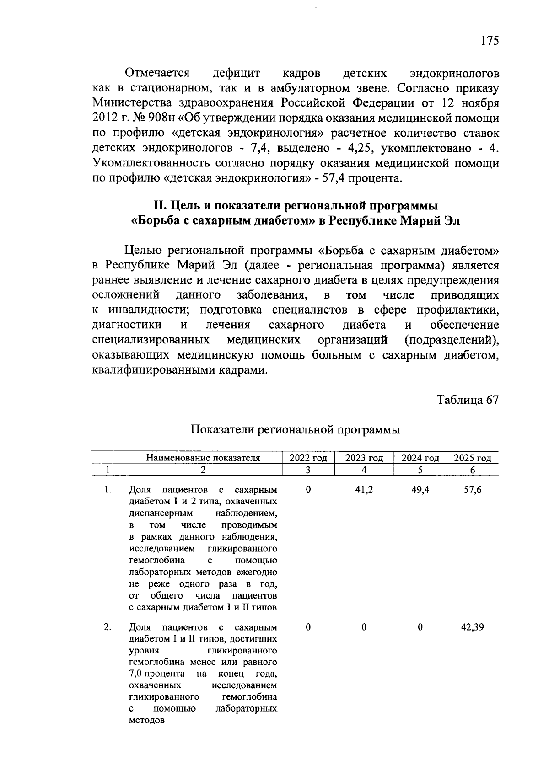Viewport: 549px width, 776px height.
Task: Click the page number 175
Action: click(x=489, y=41)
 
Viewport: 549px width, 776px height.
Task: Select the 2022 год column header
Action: click(x=308, y=458)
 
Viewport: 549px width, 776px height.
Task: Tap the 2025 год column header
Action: click(x=472, y=458)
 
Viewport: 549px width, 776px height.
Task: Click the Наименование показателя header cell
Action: click(x=203, y=458)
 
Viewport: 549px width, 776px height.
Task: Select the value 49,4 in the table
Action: click(x=420, y=490)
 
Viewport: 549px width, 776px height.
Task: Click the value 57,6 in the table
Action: click(x=472, y=490)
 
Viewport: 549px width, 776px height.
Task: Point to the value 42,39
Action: click(x=472, y=627)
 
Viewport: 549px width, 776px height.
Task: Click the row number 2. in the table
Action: click(x=108, y=627)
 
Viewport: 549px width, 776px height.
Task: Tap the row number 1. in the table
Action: click(x=108, y=490)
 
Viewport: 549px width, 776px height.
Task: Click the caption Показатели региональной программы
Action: click(x=295, y=430)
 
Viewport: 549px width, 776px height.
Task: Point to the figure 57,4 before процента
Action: click(x=334, y=178)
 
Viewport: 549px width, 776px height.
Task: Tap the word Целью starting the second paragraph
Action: click(x=144, y=251)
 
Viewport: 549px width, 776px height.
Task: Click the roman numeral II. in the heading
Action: click(x=159, y=206)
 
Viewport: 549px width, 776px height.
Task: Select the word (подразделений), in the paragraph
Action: click(x=451, y=340)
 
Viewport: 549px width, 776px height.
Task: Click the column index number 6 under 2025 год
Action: click(x=472, y=470)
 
